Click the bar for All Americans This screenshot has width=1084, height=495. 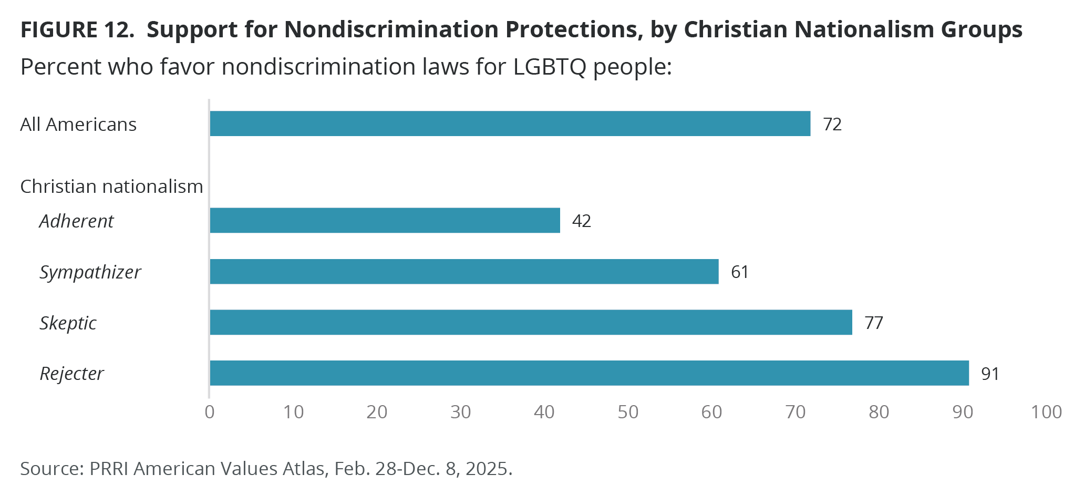tap(510, 123)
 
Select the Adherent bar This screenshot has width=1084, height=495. tap(385, 220)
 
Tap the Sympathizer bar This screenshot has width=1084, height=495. tap(464, 271)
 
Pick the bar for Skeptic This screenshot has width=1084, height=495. tap(531, 322)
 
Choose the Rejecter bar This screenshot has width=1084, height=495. tap(589, 373)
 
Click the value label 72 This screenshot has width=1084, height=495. tap(832, 124)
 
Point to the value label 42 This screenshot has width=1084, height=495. tap(582, 221)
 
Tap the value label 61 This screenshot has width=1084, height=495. tap(740, 272)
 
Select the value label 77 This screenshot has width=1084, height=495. tap(874, 323)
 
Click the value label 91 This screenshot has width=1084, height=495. tap(990, 374)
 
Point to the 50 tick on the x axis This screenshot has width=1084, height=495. tap(628, 412)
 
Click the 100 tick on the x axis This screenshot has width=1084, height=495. tap(1046, 412)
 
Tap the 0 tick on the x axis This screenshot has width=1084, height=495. tap(210, 412)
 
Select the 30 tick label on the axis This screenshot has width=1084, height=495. tap(461, 412)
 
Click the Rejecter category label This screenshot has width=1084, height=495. tap(72, 374)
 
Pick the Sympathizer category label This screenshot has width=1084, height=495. tap(90, 272)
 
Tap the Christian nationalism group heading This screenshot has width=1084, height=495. tap(111, 187)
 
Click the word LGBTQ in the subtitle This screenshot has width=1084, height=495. tap(550, 67)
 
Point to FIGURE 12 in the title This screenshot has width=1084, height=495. tap(77, 30)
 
